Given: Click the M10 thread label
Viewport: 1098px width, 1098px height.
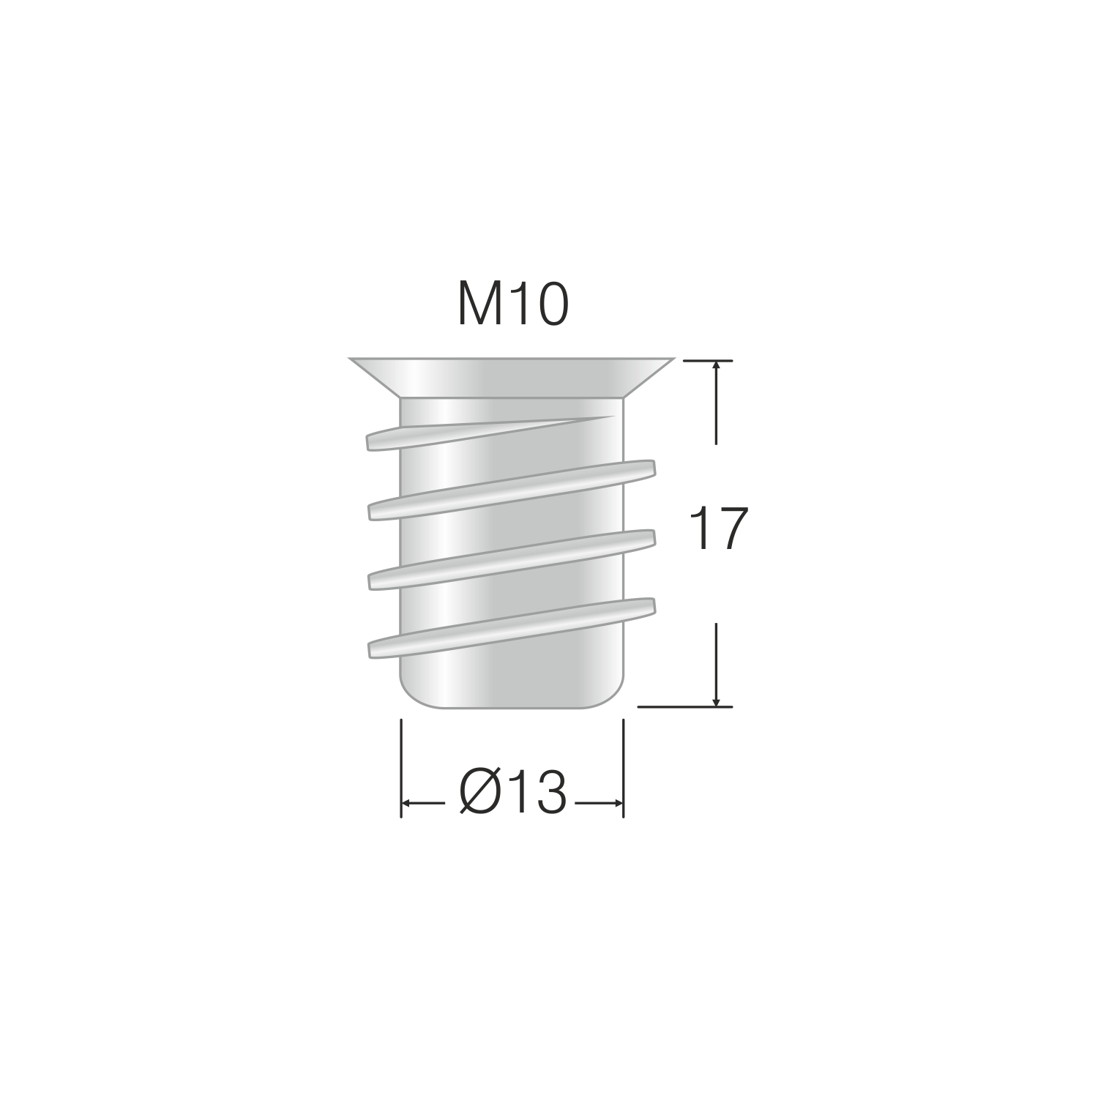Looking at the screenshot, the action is click(512, 305).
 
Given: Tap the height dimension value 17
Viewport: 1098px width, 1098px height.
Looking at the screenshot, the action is click(720, 529).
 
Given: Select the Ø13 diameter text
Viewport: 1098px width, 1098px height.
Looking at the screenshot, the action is click(513, 793).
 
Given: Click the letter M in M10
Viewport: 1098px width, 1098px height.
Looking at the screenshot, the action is click(479, 305).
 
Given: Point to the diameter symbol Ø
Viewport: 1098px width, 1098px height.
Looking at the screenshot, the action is click(481, 793).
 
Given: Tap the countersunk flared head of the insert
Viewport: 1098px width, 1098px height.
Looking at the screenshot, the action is click(512, 378).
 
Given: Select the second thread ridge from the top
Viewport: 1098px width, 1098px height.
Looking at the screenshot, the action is click(511, 490).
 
